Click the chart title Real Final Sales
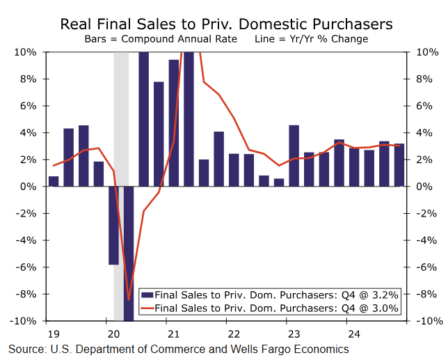(226, 24)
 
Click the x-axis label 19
(53, 332)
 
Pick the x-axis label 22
(235, 332)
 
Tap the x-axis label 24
(355, 332)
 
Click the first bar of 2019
(54, 181)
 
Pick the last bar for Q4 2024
(399, 165)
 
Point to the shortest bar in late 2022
(278, 182)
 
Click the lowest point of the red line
(128, 300)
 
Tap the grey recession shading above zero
(121, 118)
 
